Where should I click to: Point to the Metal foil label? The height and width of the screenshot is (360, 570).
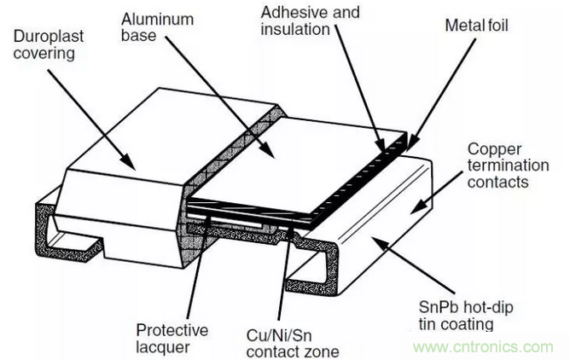(x=474, y=26)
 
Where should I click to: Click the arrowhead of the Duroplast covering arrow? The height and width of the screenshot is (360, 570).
(x=133, y=165)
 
